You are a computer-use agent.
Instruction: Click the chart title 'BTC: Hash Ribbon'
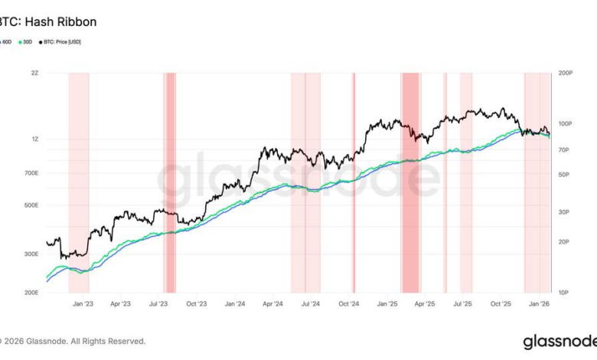tap(47, 22)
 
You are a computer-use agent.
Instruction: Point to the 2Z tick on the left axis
tap(34, 74)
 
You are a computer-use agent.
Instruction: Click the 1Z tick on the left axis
tap(34, 139)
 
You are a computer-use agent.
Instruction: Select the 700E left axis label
tap(31, 173)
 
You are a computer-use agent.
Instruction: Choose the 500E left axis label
tap(31, 205)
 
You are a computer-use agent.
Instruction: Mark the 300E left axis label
tap(31, 254)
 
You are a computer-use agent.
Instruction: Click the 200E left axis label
tap(31, 293)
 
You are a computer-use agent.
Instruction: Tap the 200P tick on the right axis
tap(566, 74)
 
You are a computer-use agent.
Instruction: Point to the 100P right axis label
tap(566, 123)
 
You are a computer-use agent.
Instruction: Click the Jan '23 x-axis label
tap(82, 304)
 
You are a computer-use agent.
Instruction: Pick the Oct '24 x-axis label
tap(349, 304)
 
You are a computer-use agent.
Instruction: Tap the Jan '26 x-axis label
tap(540, 304)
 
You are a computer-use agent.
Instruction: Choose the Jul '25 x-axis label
tap(462, 304)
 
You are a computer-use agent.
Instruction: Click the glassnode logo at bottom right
tap(556, 342)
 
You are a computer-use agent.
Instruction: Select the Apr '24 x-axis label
tap(273, 304)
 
